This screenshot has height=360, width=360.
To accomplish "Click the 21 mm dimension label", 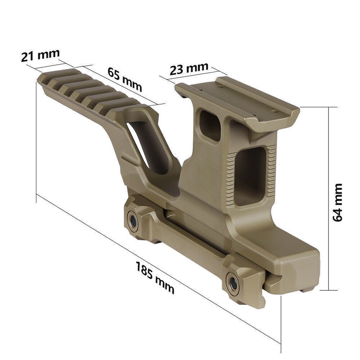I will (x=40, y=55).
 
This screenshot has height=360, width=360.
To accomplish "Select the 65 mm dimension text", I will (x=124, y=79).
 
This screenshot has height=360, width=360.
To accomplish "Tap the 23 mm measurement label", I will (x=189, y=69).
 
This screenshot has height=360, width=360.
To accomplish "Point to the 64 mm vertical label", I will (x=338, y=202).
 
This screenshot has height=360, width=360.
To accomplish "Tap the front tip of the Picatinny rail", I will (x=42, y=79).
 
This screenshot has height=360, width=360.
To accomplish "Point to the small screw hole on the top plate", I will (x=222, y=86).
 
